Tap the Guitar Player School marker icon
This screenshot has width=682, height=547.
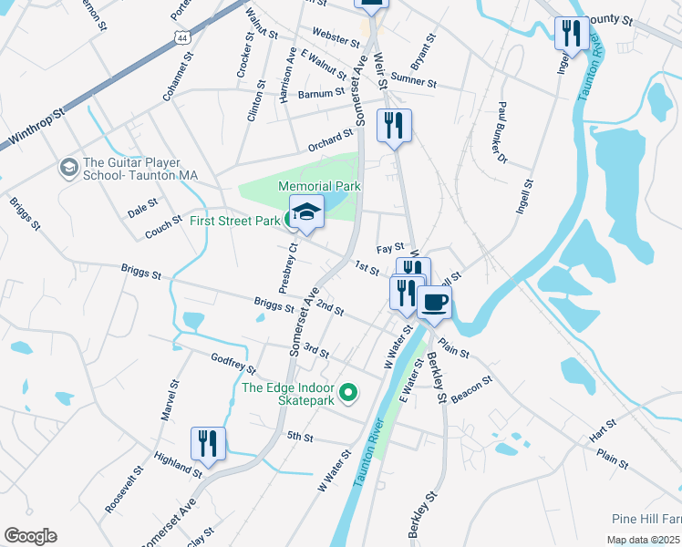point(67,168)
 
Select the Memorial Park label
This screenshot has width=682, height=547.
point(320,186)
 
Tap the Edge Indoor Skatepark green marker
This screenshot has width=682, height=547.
point(346,394)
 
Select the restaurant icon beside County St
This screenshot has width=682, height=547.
point(572,34)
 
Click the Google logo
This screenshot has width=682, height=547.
point(30,536)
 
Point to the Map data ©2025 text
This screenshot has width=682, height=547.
point(643,540)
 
